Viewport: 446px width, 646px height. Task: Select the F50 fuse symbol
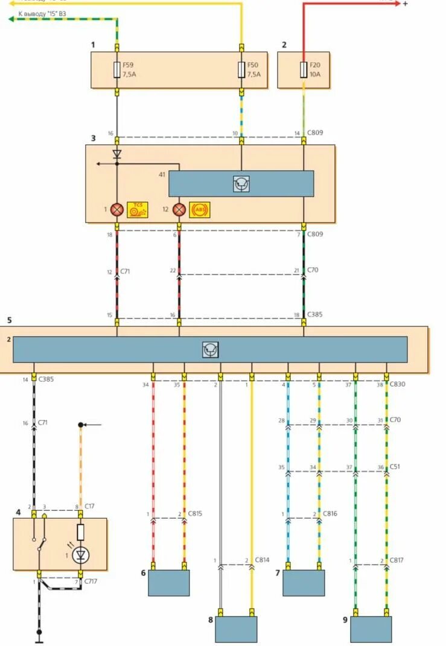(x=241, y=70)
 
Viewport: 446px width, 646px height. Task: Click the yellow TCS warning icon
(x=137, y=209)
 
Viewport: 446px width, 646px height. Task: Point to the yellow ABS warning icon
(x=200, y=210)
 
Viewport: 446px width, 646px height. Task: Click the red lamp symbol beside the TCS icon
(x=116, y=210)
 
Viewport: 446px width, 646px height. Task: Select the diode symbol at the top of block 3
(x=117, y=154)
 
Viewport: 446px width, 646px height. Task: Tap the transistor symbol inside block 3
(x=241, y=184)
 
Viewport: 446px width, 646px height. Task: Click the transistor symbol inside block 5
(x=210, y=350)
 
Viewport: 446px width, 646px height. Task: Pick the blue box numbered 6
(x=169, y=583)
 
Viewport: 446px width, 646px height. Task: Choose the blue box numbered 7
(x=304, y=583)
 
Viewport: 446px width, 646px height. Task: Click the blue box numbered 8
(x=237, y=629)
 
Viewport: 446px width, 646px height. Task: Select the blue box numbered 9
(x=371, y=629)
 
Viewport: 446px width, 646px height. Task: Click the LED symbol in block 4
(x=80, y=555)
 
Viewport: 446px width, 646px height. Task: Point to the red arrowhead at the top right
(x=396, y=3)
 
